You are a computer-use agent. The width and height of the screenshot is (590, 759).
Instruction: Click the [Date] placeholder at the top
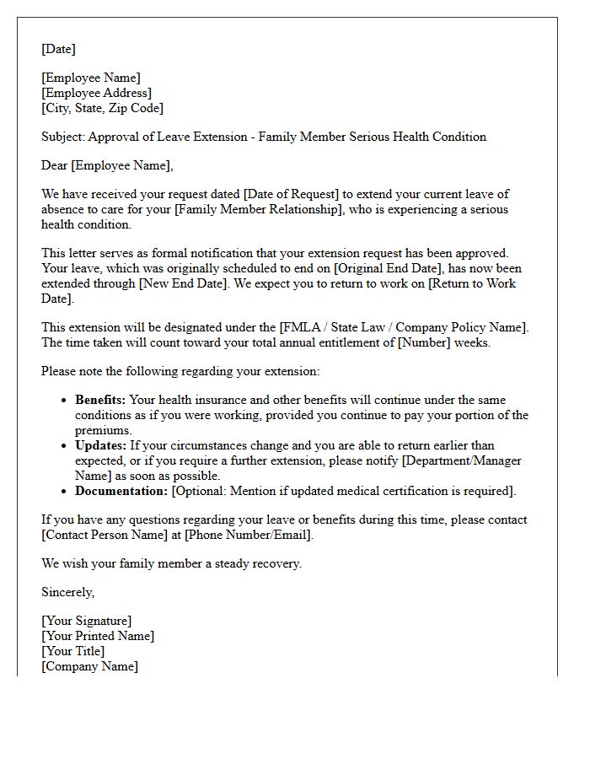pyautogui.click(x=58, y=49)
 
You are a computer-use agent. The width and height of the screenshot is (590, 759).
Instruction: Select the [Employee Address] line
pyautogui.click(x=97, y=93)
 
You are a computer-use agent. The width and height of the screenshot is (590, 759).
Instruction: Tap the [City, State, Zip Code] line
pyautogui.click(x=103, y=108)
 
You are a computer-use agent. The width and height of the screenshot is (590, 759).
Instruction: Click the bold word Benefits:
pyautogui.click(x=99, y=400)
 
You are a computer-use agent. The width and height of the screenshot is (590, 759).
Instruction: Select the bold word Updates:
pyautogui.click(x=99, y=445)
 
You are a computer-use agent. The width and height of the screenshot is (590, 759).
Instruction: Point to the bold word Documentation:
pyautogui.click(x=121, y=491)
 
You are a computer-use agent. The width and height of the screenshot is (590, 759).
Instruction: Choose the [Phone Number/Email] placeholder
pyautogui.click(x=249, y=535)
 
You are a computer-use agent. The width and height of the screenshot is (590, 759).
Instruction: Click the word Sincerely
pyautogui.click(x=67, y=592)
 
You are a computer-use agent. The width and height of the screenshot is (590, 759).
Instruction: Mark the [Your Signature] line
pyautogui.click(x=87, y=622)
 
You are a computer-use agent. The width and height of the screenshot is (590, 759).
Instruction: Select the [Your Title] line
pyautogui.click(x=73, y=652)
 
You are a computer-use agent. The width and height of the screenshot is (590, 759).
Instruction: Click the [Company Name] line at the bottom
pyautogui.click(x=90, y=666)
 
